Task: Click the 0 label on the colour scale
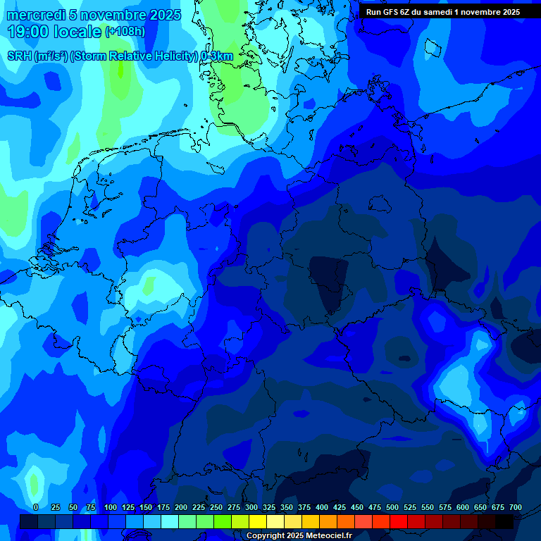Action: click(x=36, y=507)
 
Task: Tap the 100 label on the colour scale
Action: click(x=111, y=507)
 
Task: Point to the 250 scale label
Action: click(x=216, y=507)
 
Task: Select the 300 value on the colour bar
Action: click(x=251, y=507)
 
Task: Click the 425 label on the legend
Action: click(x=340, y=507)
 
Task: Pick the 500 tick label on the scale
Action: click(x=392, y=507)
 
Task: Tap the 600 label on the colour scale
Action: click(x=463, y=507)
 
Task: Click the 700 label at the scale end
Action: click(x=516, y=507)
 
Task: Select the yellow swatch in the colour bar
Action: click(x=258, y=521)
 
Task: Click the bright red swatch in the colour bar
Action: click(x=399, y=521)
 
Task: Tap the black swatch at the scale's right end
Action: click(x=504, y=521)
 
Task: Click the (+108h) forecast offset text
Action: click(x=125, y=32)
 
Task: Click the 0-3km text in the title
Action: click(x=217, y=56)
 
